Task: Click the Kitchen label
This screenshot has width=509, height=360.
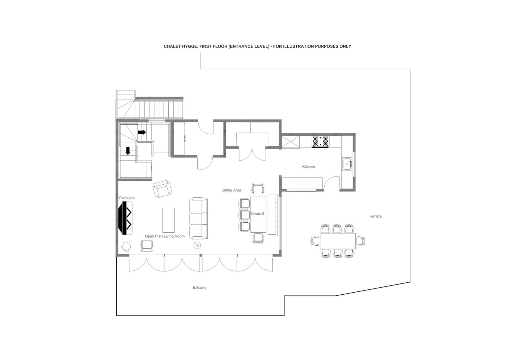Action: tap(309, 167)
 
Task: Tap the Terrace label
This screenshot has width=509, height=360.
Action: tap(375, 216)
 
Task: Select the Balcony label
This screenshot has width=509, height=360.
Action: tap(199, 287)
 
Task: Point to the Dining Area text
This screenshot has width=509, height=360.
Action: tap(231, 190)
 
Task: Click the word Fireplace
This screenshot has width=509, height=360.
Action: tap(127, 198)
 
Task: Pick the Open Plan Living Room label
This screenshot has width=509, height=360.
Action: tap(165, 236)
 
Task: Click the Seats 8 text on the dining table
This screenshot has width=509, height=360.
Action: tap(257, 213)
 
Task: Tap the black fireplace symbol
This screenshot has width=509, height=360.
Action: tap(125, 218)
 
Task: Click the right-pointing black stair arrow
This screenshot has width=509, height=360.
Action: tap(141, 132)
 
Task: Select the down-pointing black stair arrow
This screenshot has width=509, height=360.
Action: tap(128, 151)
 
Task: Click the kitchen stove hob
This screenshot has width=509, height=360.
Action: tap(320, 141)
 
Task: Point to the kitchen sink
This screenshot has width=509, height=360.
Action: tap(347, 164)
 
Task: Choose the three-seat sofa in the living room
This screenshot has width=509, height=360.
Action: tap(198, 218)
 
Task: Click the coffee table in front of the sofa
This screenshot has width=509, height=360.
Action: tap(169, 220)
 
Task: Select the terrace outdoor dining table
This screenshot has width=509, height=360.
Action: tap(338, 241)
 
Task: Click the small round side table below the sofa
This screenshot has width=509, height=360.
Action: tap(197, 245)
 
